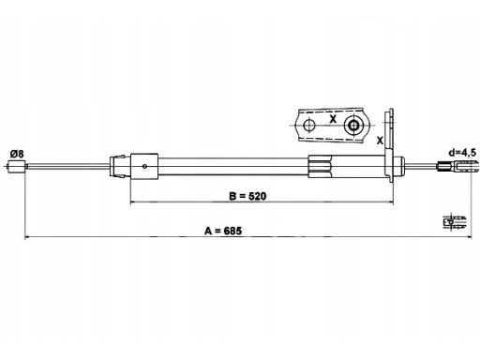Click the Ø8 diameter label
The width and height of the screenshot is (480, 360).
click(17, 154)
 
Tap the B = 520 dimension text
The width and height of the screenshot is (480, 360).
click(247, 196)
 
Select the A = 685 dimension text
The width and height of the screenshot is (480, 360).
click(223, 231)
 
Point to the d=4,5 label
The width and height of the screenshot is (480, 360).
click(462, 153)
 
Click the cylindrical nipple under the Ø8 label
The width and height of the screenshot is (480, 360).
click(16, 166)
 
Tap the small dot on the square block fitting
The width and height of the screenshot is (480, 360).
click(144, 166)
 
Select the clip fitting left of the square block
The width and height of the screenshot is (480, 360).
click(118, 166)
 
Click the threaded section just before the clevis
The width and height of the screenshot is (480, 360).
click(444, 166)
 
